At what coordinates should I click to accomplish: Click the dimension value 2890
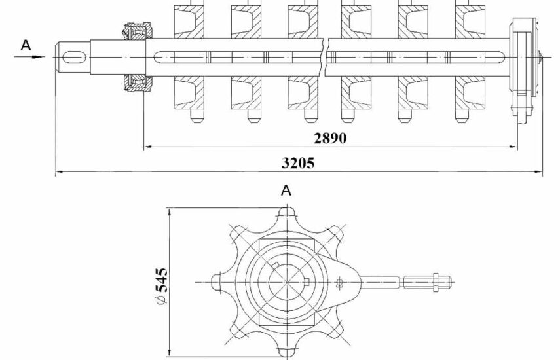[x=330, y=138]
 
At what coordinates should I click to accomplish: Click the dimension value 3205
[x=298, y=163]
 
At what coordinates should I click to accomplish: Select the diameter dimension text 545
[x=162, y=280]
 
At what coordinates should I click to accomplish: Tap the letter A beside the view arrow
[x=26, y=45]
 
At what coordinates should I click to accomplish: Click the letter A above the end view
[x=286, y=190]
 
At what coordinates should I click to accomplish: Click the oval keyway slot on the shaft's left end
[x=74, y=57]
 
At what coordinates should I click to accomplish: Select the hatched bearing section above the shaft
[x=138, y=31]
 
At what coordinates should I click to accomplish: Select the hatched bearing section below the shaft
[x=138, y=83]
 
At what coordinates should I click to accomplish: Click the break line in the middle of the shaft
[x=326, y=56]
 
